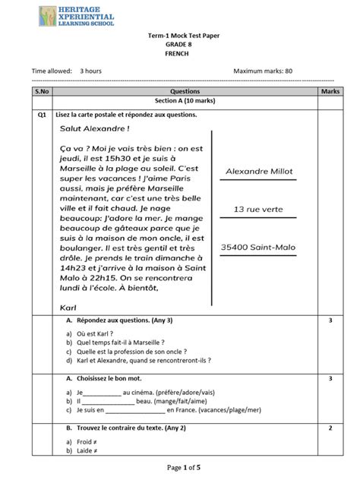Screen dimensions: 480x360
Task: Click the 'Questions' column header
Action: tap(180, 90)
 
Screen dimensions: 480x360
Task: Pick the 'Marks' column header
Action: tap(330, 90)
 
